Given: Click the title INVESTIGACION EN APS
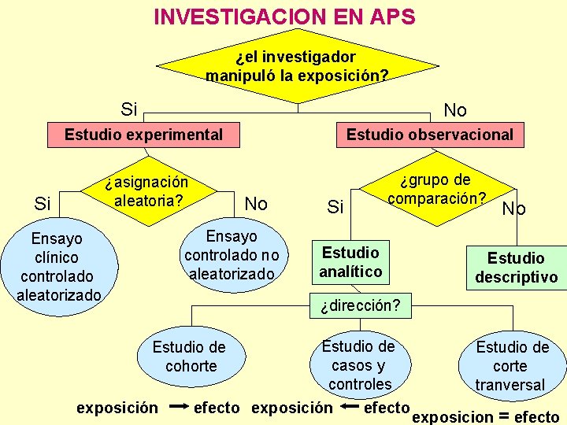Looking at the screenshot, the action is tap(284, 17).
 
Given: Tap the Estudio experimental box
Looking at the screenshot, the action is tap(143, 135).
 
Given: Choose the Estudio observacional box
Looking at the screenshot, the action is tap(429, 135).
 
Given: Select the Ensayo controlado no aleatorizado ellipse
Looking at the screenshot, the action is tap(232, 255).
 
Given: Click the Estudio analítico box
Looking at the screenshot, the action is tap(350, 262).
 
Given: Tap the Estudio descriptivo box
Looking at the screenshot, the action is tap(516, 268).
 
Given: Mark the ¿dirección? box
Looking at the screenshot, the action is tap(360, 305).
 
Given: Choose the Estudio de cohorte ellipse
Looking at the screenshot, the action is tap(189, 357).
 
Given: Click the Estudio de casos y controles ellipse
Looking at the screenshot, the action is tap(360, 364).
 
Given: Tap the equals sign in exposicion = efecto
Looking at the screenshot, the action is tap(501, 416).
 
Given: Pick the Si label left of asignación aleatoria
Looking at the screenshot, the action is tap(43, 205).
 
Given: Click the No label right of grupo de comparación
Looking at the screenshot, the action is tap(514, 209).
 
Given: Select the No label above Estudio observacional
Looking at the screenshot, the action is tap(455, 109).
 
